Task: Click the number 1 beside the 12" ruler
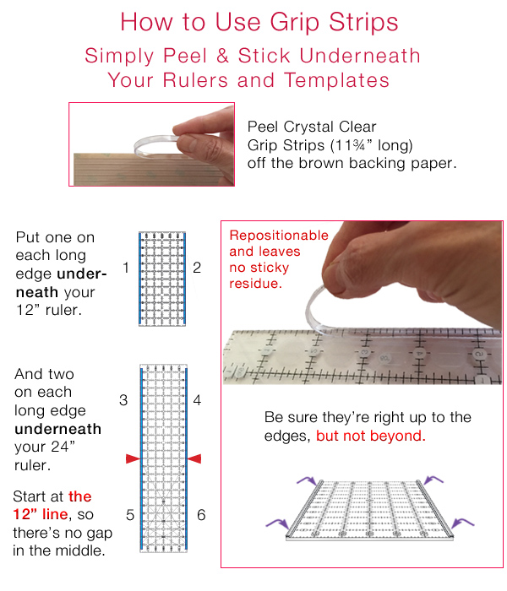[125, 268]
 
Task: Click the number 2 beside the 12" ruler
[197, 268]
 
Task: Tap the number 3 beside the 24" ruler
[123, 400]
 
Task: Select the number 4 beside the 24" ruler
[197, 400]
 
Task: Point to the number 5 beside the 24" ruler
[128, 514]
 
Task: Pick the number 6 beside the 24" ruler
[201, 514]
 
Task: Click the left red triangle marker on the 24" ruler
[132, 458]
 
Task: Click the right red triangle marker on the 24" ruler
[194, 458]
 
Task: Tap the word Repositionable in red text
[278, 236]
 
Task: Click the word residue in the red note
[253, 284]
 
